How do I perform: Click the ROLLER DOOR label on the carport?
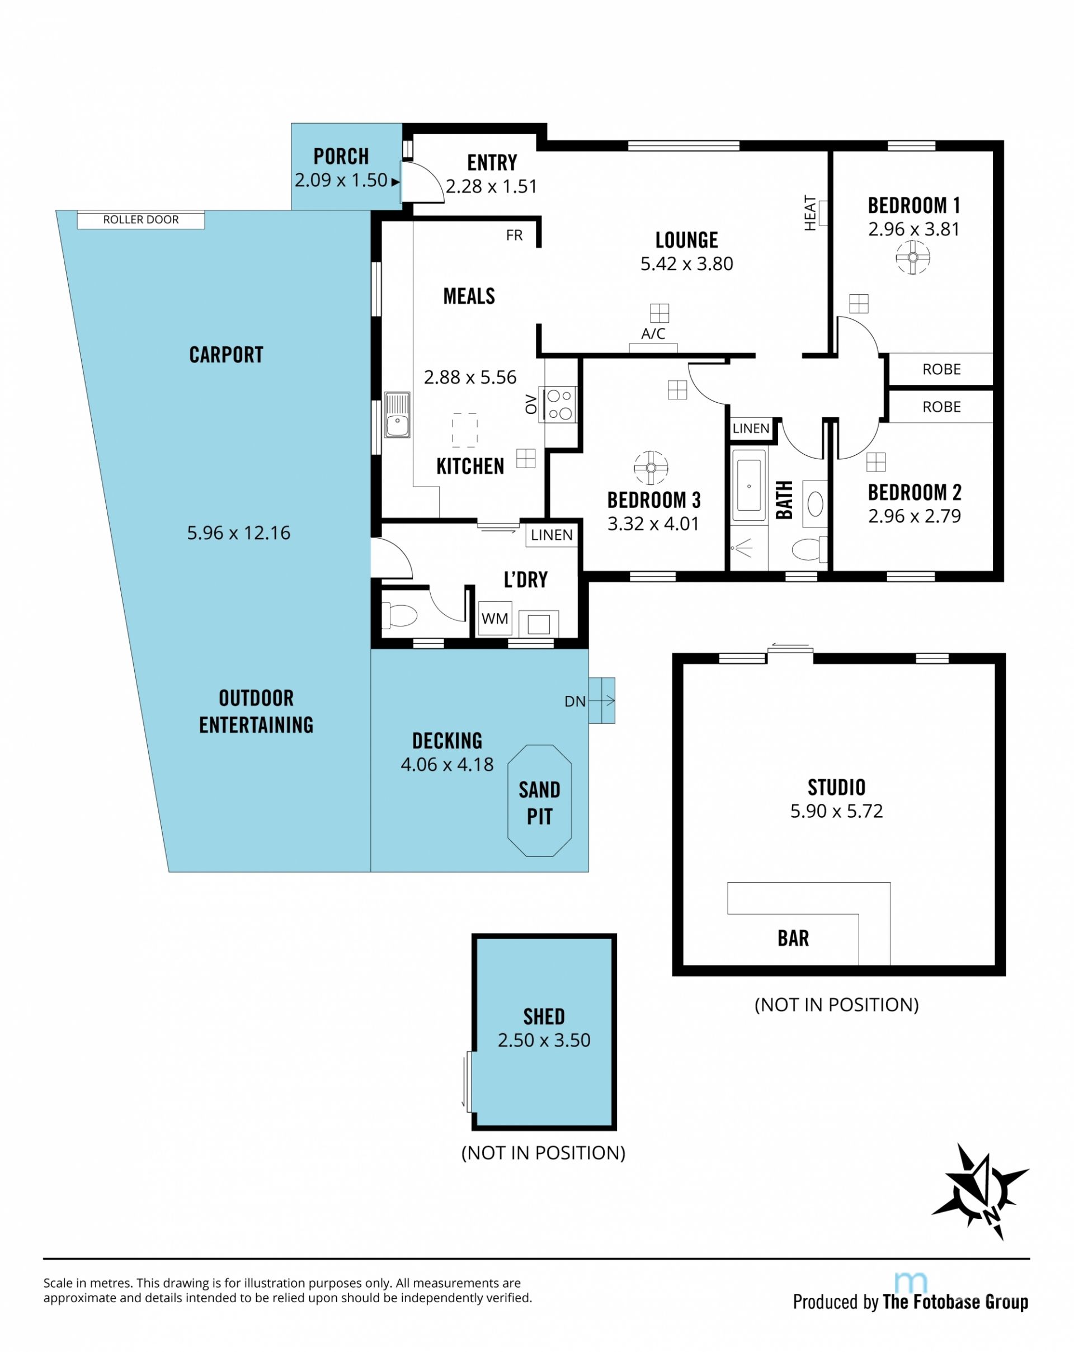click(x=140, y=219)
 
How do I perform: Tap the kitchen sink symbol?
click(x=397, y=414)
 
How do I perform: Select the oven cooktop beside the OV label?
click(x=559, y=404)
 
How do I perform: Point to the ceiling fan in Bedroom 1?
click(x=912, y=257)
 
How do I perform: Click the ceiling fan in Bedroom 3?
click(x=651, y=468)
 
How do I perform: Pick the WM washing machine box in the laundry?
click(x=494, y=618)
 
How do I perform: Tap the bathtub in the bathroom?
click(x=748, y=486)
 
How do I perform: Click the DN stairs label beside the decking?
click(x=575, y=701)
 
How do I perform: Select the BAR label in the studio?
click(x=793, y=938)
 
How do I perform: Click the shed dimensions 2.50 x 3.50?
click(x=544, y=1040)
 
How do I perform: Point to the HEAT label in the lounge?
click(x=810, y=213)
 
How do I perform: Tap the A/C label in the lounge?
click(x=653, y=333)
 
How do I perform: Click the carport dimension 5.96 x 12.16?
click(x=238, y=533)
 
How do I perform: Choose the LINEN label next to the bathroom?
click(x=751, y=428)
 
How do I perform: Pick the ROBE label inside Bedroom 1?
click(x=941, y=369)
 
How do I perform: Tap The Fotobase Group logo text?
click(x=955, y=1302)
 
